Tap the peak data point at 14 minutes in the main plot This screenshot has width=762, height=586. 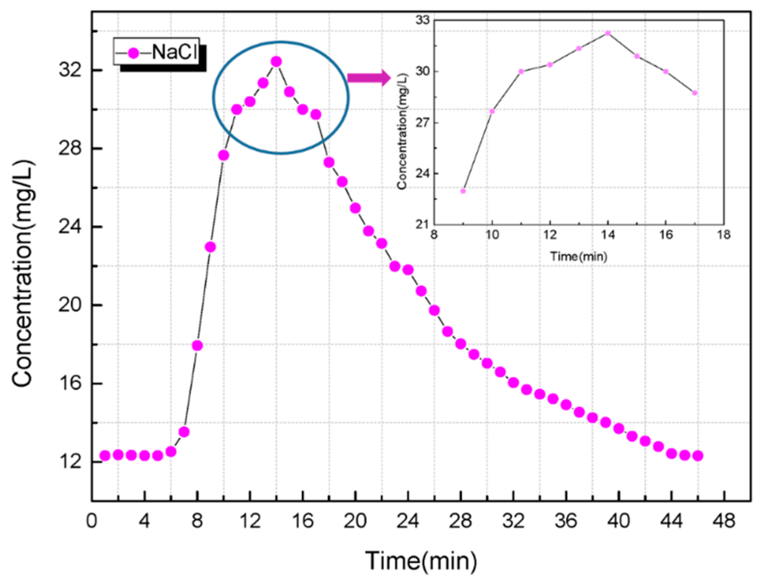pos(276,62)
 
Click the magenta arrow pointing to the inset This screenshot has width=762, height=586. pos(368,78)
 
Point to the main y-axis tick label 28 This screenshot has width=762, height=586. pos(70,148)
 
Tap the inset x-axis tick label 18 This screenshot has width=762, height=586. pos(724,235)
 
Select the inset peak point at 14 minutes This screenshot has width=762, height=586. pos(608,33)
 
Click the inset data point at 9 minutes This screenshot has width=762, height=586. pos(463,191)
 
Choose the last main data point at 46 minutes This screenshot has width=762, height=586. pos(698,456)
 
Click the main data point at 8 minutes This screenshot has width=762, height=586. pos(197,345)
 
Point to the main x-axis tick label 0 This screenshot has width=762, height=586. pos(92,521)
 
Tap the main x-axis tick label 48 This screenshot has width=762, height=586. pos(724,521)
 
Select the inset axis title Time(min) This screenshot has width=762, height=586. pos(579,256)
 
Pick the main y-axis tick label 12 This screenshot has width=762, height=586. pos(70,462)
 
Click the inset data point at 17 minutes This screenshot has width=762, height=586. pos(695,93)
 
